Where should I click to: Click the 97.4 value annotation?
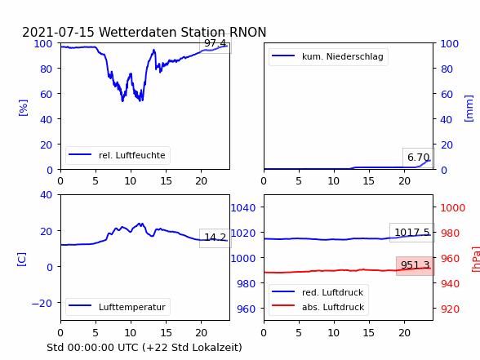[x=216, y=43]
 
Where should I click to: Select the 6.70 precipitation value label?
[x=419, y=158]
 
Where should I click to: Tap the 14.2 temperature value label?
[x=216, y=238]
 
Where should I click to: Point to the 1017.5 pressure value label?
[x=412, y=233]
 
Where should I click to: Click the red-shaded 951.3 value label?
[x=416, y=265]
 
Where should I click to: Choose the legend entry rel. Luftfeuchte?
[x=118, y=155]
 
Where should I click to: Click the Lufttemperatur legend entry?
[x=118, y=307]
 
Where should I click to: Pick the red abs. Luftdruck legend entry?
[x=318, y=307]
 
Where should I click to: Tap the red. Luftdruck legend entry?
[x=318, y=292]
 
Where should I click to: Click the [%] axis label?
[x=23, y=108]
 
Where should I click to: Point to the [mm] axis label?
[x=469, y=109]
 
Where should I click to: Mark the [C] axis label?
[x=21, y=260]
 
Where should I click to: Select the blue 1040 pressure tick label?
[x=243, y=208]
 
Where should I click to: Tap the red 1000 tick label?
[x=453, y=208]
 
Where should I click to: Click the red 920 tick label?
[x=450, y=309]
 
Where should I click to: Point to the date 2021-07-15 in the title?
[x=58, y=32]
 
